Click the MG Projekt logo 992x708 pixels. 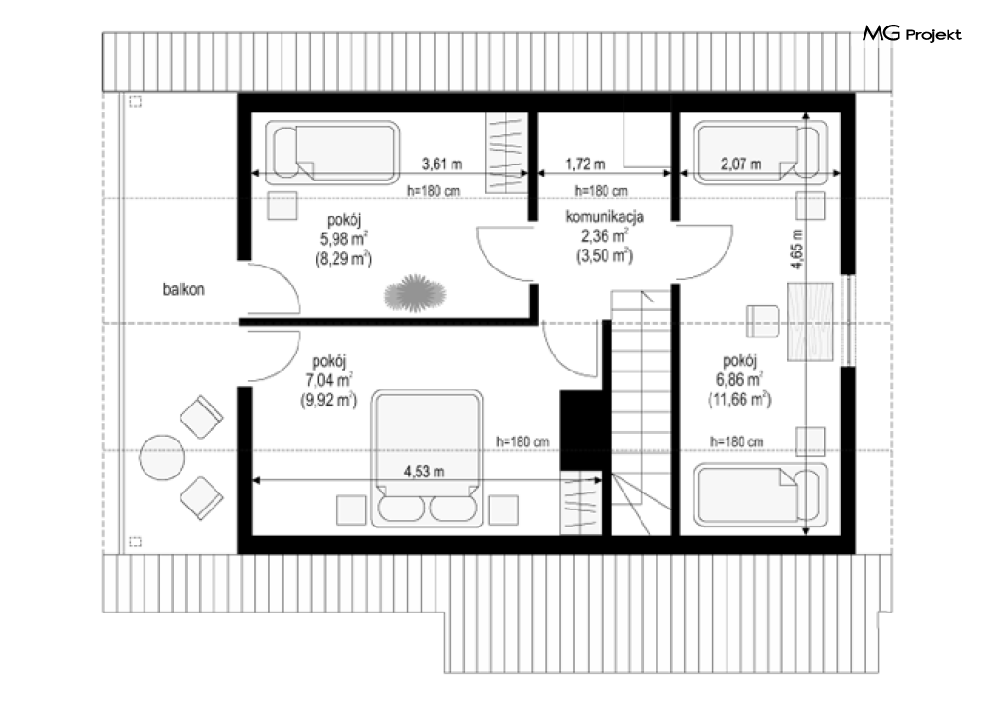[912, 33]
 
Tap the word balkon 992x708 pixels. [183, 289]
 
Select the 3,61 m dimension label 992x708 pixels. [442, 164]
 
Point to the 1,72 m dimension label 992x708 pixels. [585, 164]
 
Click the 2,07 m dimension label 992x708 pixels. [741, 164]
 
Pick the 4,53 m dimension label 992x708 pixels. [424, 471]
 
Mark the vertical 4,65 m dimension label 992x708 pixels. [796, 250]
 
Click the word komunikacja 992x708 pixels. [605, 216]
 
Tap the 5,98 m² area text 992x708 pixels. [344, 238]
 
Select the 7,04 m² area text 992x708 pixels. [329, 380]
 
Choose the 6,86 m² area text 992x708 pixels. [740, 379]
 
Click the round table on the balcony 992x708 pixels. [162, 457]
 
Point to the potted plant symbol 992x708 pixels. [415, 294]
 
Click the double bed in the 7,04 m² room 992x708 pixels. [427, 458]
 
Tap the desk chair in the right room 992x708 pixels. [763, 321]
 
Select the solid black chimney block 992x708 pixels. [580, 431]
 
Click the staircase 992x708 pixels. [641, 412]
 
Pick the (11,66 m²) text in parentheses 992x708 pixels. [740, 399]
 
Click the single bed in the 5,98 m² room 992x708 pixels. [333, 152]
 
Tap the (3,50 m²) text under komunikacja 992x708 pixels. [605, 255]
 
